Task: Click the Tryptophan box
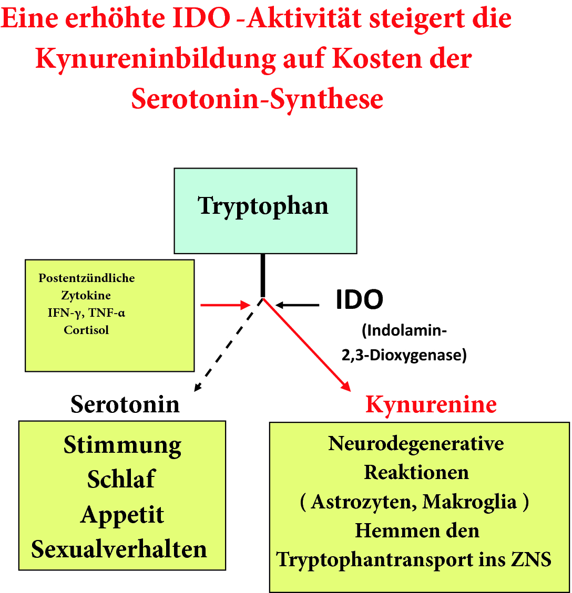265,211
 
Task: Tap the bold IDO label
360,300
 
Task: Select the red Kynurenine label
431,404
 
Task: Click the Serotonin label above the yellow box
125,404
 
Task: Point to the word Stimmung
122,445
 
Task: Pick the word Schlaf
121,479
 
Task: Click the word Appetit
122,515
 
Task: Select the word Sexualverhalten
119,549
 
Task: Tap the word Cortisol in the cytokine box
86,330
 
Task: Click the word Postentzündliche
87,278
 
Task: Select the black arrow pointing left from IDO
298,305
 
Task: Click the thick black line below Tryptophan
263,276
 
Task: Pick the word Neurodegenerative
416,444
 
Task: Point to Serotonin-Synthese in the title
257,98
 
